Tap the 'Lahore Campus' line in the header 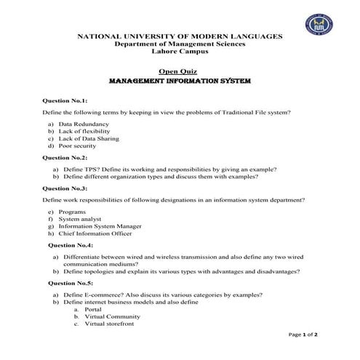(180, 52)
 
